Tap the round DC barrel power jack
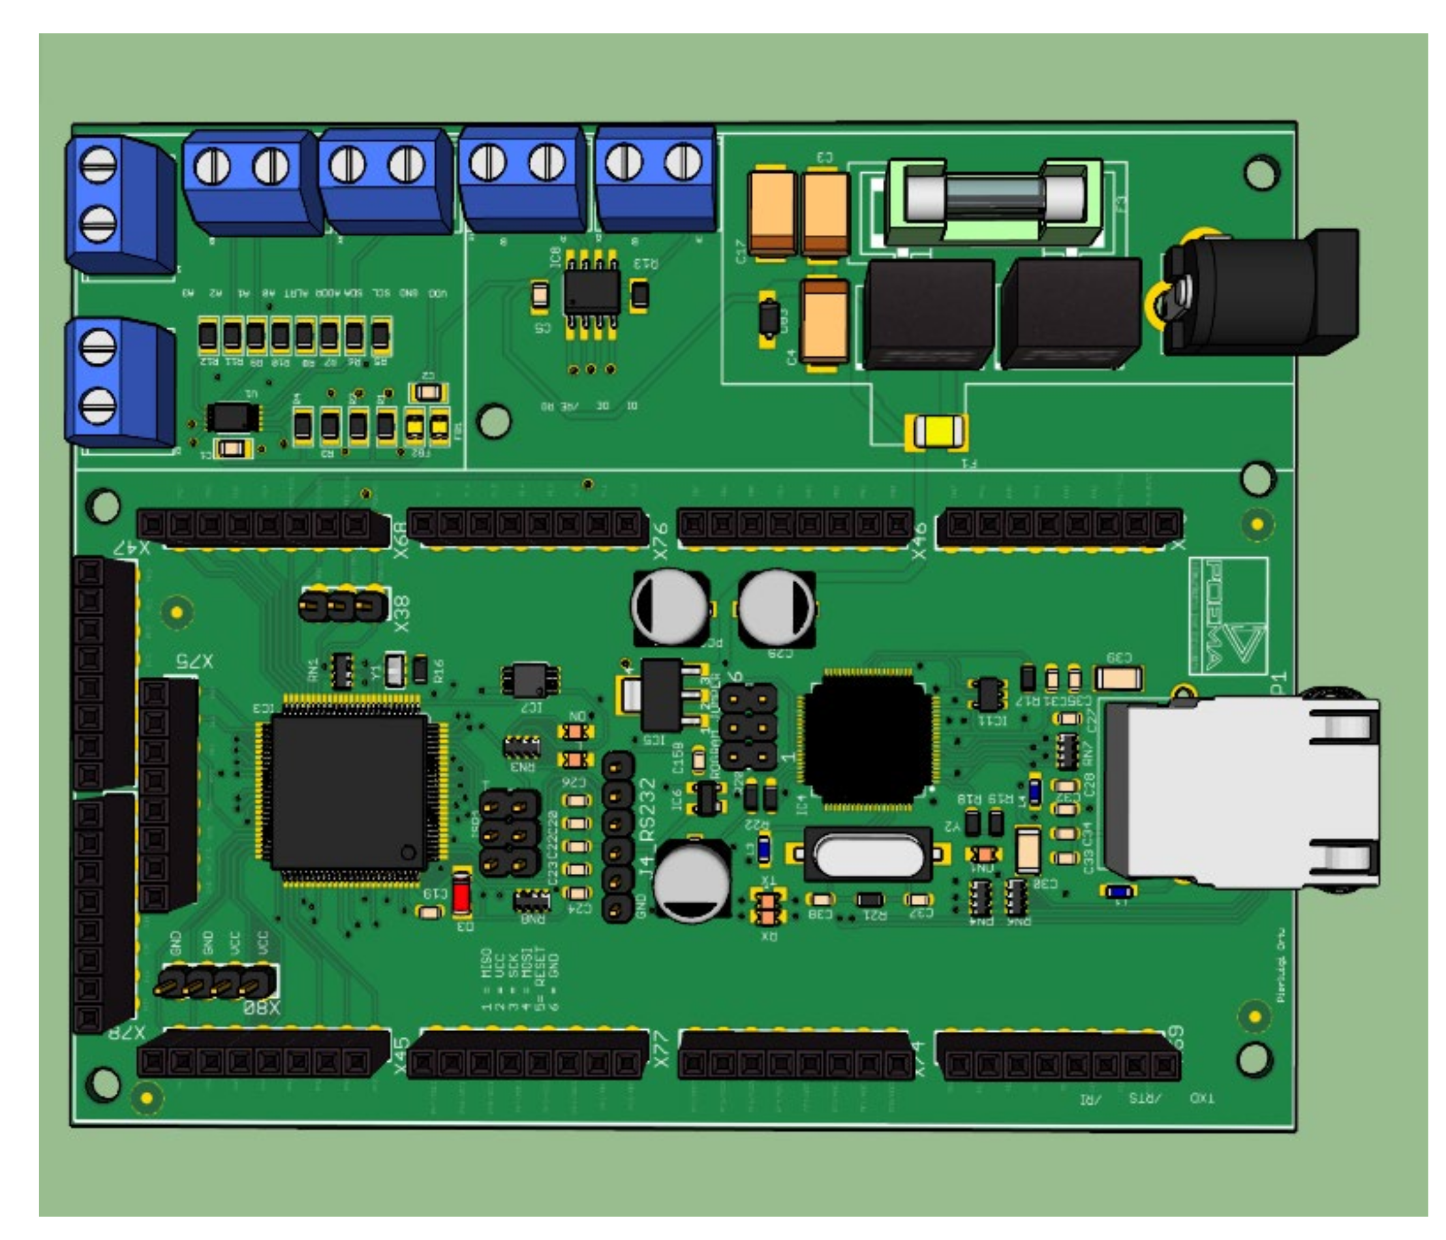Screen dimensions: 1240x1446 point(1263,293)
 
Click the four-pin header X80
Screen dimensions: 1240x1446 point(213,984)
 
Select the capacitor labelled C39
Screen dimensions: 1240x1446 point(1117,677)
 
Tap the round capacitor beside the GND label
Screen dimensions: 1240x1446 point(691,880)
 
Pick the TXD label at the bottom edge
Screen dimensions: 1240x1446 point(1201,1098)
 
